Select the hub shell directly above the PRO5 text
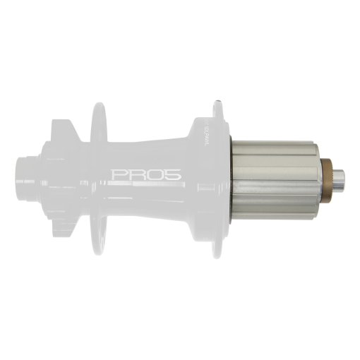coord(141,152)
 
